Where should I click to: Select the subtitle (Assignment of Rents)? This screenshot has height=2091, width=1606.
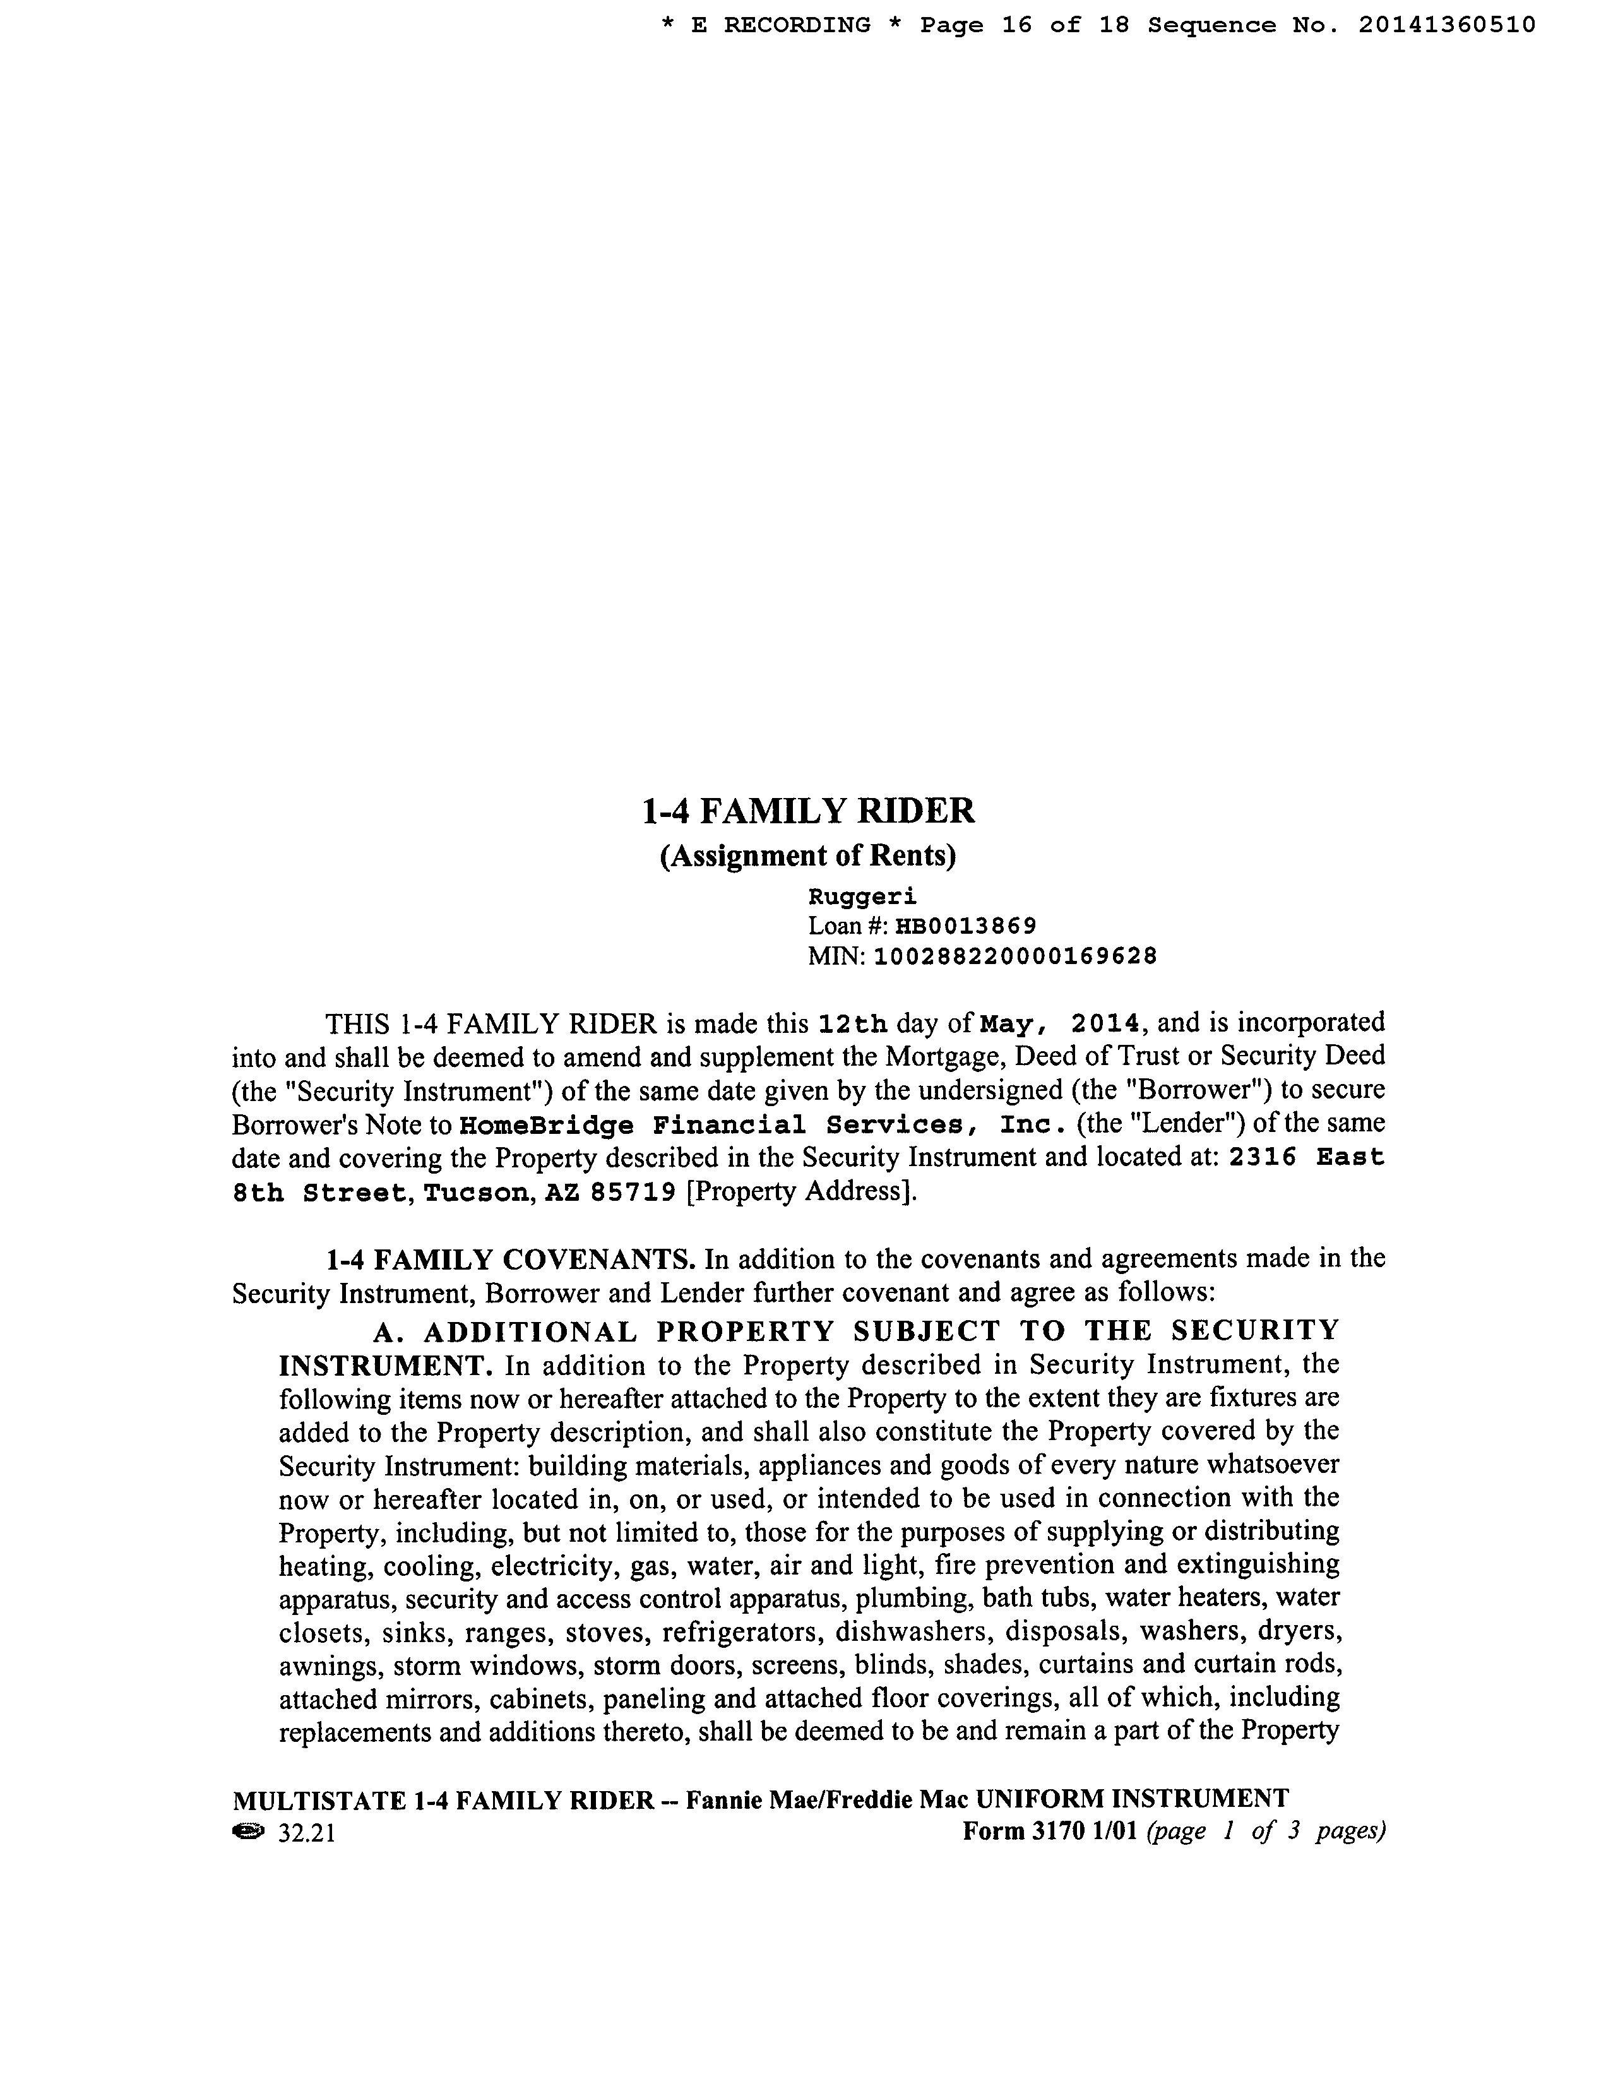(808, 855)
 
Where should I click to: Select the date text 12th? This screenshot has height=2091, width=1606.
(853, 1024)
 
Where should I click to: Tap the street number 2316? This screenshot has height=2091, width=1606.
(1262, 1158)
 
